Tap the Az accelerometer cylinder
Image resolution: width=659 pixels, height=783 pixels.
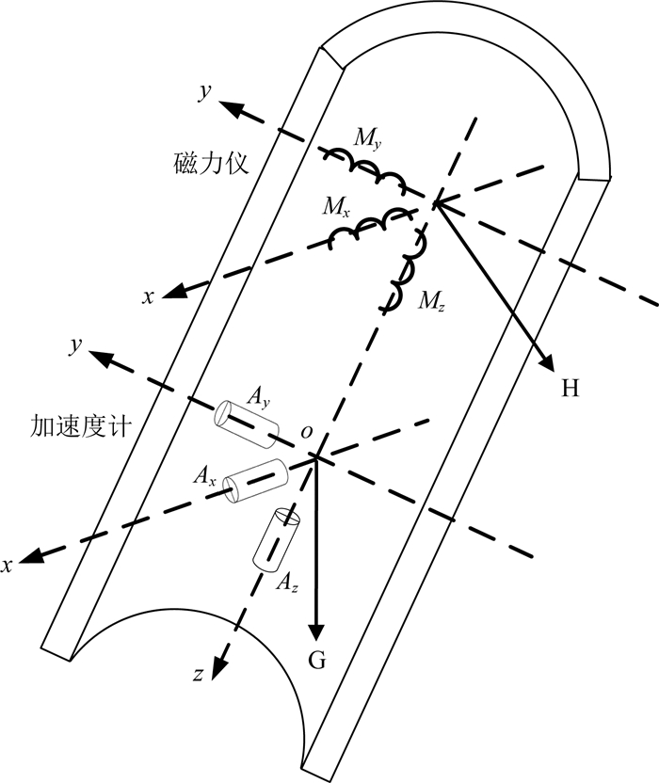point(277,539)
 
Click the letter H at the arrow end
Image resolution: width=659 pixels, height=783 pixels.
point(570,388)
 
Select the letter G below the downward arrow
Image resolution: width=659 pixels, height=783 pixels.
point(317,662)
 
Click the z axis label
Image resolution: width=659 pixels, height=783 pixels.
point(200,675)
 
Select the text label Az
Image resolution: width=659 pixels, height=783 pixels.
point(288,584)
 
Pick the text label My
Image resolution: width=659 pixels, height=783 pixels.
point(368,140)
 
